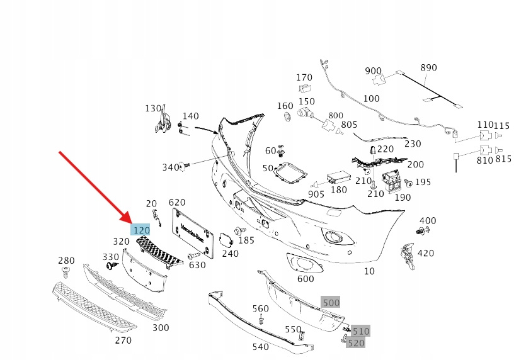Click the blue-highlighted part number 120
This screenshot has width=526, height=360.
[141, 230]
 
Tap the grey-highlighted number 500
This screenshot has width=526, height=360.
[331, 302]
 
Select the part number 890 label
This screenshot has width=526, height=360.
[428, 68]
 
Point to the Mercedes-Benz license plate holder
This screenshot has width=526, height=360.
[193, 233]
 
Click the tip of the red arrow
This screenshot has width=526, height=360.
[132, 223]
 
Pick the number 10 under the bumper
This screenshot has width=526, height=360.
[369, 271]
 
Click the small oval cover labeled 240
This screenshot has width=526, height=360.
[226, 240]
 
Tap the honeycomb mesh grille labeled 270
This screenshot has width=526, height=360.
[94, 307]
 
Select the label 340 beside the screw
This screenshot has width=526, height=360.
[171, 167]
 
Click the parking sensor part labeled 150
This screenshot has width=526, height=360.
[306, 113]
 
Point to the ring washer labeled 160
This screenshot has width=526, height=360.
[288, 117]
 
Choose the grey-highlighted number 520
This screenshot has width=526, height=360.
[355, 343]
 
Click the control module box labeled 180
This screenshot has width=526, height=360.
[338, 178]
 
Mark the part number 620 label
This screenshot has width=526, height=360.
[177, 203]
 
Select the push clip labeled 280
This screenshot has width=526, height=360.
[66, 272]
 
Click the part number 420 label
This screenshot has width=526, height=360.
[425, 253]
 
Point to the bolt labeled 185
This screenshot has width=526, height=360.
[240, 231]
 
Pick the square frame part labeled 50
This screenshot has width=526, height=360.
[290, 173]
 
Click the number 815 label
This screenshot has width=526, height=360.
[503, 159]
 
